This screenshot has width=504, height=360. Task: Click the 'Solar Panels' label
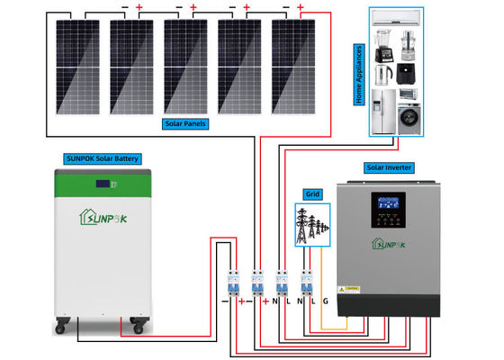point(186,123)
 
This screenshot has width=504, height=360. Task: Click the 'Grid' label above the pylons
point(312,193)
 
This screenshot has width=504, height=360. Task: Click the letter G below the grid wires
point(325,301)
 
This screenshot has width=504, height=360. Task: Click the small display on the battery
point(103,185)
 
